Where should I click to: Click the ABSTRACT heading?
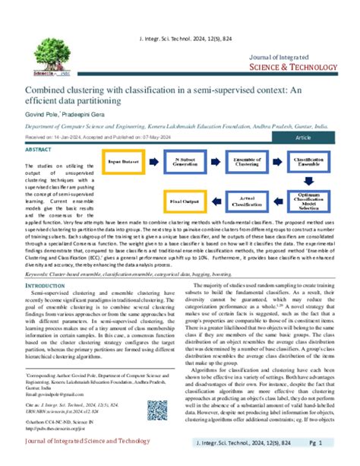click(40, 150)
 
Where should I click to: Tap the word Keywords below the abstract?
click(42, 272)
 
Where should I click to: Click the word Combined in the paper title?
click(48, 88)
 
